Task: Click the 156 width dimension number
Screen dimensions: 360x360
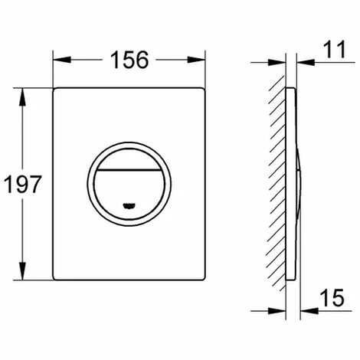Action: (x=129, y=60)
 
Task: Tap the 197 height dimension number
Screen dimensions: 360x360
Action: (x=22, y=184)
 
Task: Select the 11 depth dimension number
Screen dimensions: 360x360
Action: (x=335, y=49)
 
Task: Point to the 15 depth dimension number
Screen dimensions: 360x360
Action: (x=332, y=298)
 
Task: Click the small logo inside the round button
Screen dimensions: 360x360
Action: (x=129, y=205)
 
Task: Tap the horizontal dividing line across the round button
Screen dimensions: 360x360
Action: (x=129, y=169)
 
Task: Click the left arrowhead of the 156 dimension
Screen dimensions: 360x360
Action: (x=62, y=60)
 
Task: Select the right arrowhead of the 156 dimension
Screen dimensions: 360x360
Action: (x=196, y=60)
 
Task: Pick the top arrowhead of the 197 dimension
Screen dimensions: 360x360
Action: (x=22, y=97)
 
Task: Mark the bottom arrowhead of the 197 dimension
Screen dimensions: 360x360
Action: (x=22, y=271)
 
